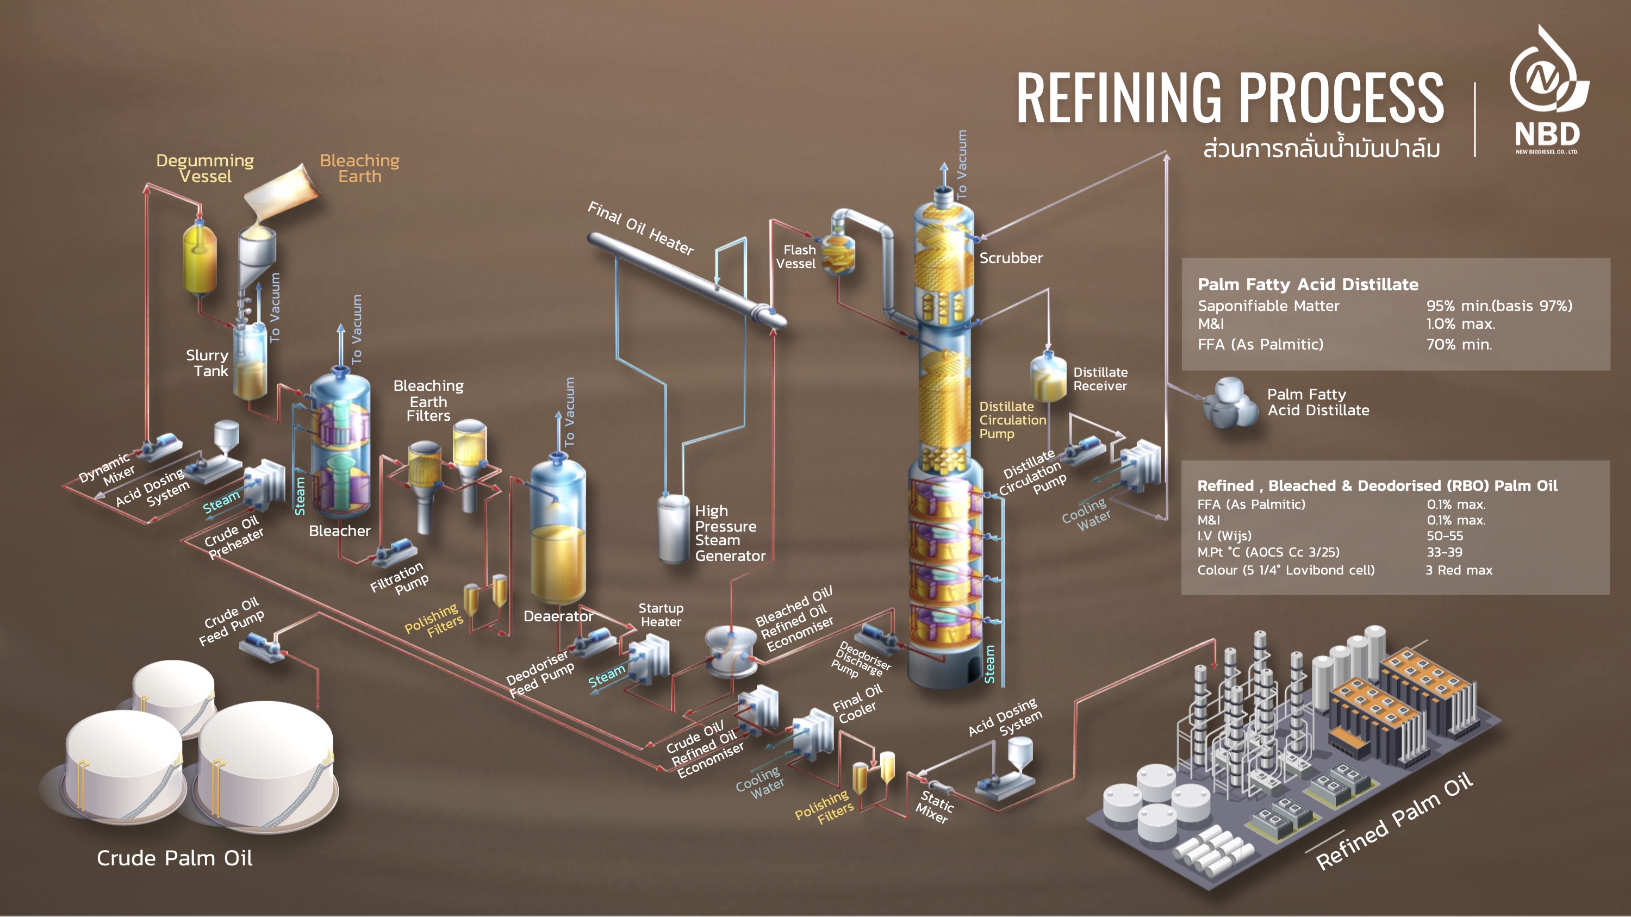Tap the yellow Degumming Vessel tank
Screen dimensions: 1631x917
(x=200, y=259)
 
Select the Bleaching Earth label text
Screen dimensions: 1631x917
(x=359, y=169)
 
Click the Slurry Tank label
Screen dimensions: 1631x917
(x=207, y=363)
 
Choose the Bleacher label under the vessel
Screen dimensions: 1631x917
(x=339, y=531)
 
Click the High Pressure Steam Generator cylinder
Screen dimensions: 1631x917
(x=673, y=529)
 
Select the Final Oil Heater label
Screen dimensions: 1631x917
(x=641, y=228)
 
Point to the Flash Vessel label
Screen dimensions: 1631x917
(x=796, y=257)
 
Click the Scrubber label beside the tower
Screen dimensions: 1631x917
(x=1011, y=258)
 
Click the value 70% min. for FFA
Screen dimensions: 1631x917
(x=1459, y=344)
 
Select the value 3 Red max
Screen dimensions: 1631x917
(x=1459, y=570)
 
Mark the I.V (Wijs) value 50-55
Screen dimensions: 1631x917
(x=1445, y=536)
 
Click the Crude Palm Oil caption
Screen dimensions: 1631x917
(x=174, y=858)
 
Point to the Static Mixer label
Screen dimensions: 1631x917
(x=935, y=806)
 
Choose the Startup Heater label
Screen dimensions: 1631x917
(x=661, y=614)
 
